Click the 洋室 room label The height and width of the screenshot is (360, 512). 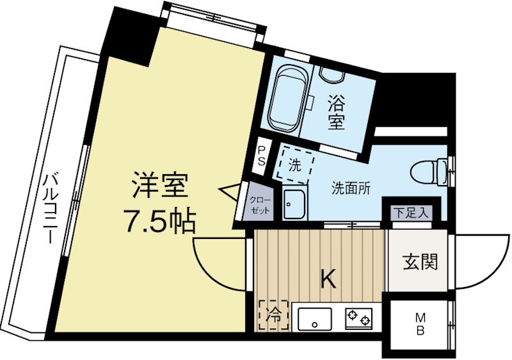pos(159,186)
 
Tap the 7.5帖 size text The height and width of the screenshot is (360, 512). pos(159,221)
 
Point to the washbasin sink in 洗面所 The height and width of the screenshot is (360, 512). pos(294,204)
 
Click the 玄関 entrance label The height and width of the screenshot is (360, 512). pos(420,261)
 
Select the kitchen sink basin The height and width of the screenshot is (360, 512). pos(315,316)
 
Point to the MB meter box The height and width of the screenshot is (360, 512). pos(420,325)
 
